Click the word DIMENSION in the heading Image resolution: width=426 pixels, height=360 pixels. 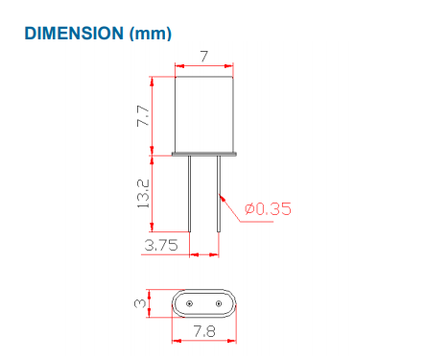pos(74,34)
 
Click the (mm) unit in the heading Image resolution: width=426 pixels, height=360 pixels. pos(151,34)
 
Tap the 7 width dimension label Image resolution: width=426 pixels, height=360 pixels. pos(204,57)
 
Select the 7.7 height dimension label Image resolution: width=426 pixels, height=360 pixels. pos(143,115)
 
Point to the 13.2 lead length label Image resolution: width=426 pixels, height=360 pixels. pos(143,194)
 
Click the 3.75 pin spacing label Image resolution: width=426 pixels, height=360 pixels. pos(161,245)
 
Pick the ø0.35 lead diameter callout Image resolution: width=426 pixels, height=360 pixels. pos(268,209)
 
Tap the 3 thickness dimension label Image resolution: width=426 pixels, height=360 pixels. pos(140,303)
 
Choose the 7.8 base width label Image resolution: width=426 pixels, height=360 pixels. pos(204,331)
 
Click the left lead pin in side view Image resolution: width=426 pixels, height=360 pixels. pos(190,194)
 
